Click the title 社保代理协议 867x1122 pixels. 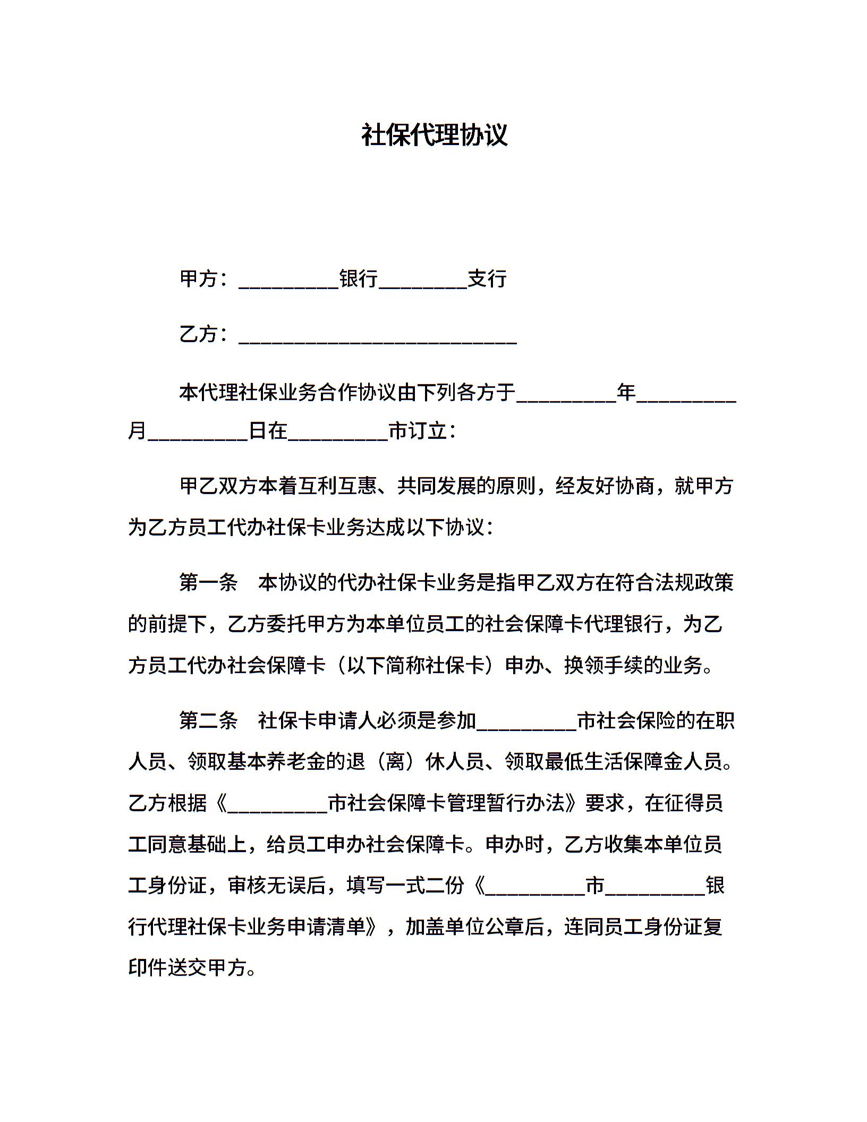[x=434, y=135]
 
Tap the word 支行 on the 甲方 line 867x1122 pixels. [x=487, y=278]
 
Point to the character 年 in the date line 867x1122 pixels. [x=626, y=393]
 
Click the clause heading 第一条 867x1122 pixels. [x=208, y=583]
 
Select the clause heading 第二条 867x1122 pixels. [x=208, y=721]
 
